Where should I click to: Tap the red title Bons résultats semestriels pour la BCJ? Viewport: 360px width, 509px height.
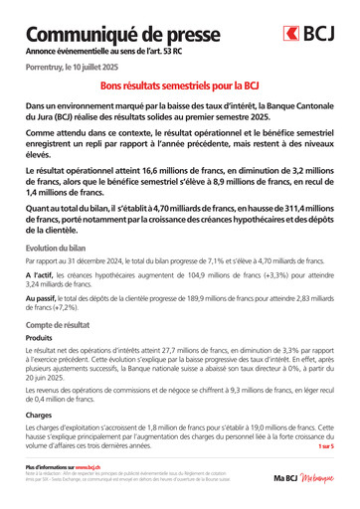tap(179, 87)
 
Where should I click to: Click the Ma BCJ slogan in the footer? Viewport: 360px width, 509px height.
tap(304, 478)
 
